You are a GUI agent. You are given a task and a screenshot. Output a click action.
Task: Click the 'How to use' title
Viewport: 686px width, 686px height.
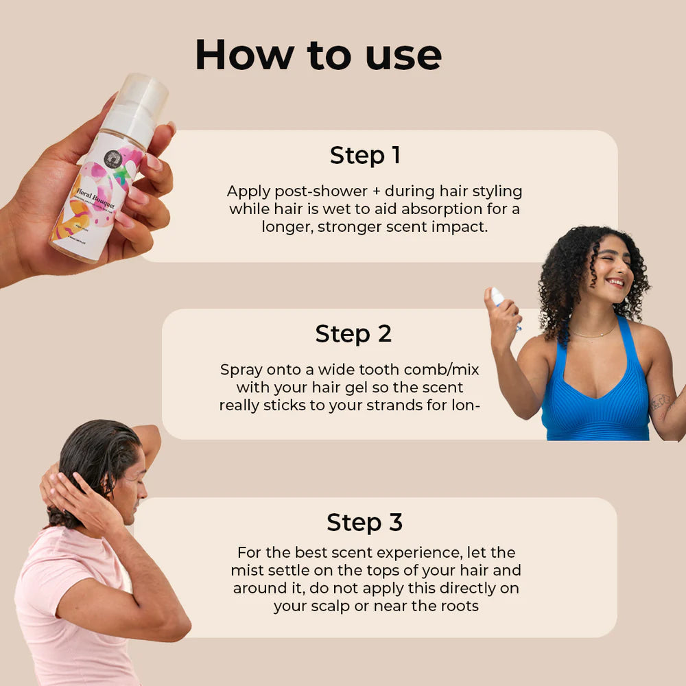click(318, 55)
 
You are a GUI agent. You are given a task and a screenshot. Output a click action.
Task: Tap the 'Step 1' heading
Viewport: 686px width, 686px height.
click(365, 155)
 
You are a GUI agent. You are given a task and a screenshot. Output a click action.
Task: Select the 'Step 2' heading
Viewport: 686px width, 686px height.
click(353, 333)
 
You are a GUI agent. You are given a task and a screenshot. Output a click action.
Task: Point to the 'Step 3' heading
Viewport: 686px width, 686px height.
click(364, 522)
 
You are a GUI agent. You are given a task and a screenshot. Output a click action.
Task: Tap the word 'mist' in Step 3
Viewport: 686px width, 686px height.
click(246, 571)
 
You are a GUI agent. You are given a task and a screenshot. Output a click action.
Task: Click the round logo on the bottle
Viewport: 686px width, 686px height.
click(114, 159)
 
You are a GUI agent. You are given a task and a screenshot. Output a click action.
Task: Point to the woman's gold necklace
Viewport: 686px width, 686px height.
click(594, 333)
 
